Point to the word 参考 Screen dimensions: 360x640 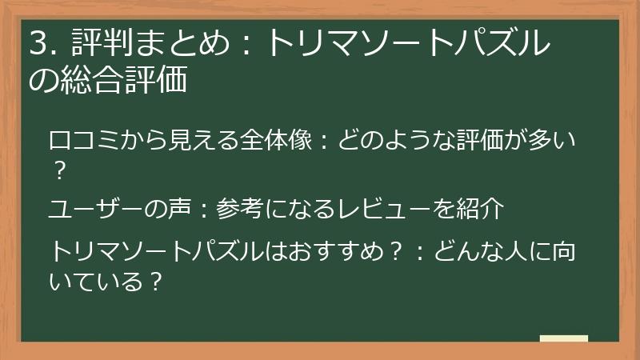(239, 209)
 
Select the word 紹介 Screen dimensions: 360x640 (481, 209)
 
